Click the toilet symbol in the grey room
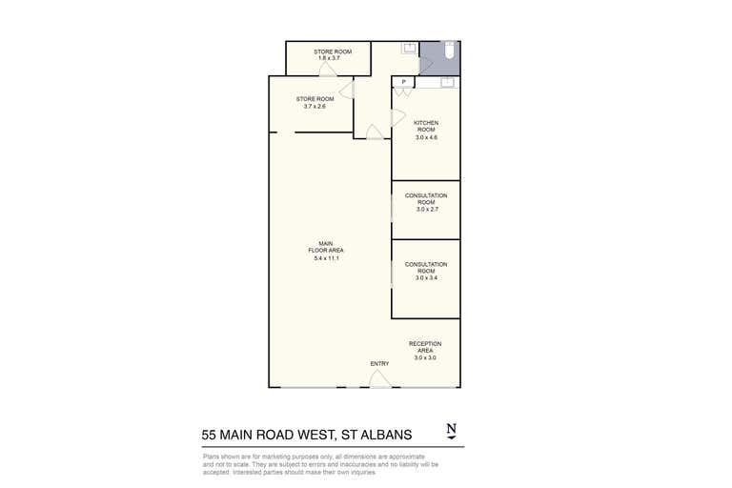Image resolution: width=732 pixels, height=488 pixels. click(x=450, y=53)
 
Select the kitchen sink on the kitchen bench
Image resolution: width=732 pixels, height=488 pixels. click(x=446, y=83)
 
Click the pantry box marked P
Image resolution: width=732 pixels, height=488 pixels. click(x=404, y=83)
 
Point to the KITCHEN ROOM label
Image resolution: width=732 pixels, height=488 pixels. click(x=425, y=126)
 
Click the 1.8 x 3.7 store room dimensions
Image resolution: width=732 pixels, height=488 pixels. click(x=329, y=59)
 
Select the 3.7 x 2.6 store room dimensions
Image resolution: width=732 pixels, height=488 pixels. click(x=315, y=107)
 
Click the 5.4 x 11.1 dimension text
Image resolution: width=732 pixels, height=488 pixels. click(x=326, y=258)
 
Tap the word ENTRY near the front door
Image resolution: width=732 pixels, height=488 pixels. click(x=379, y=364)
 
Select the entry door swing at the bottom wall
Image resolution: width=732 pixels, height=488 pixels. click(x=379, y=379)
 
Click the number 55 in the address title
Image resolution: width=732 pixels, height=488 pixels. click(x=211, y=435)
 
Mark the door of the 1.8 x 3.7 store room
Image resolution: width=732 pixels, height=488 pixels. click(x=327, y=70)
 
